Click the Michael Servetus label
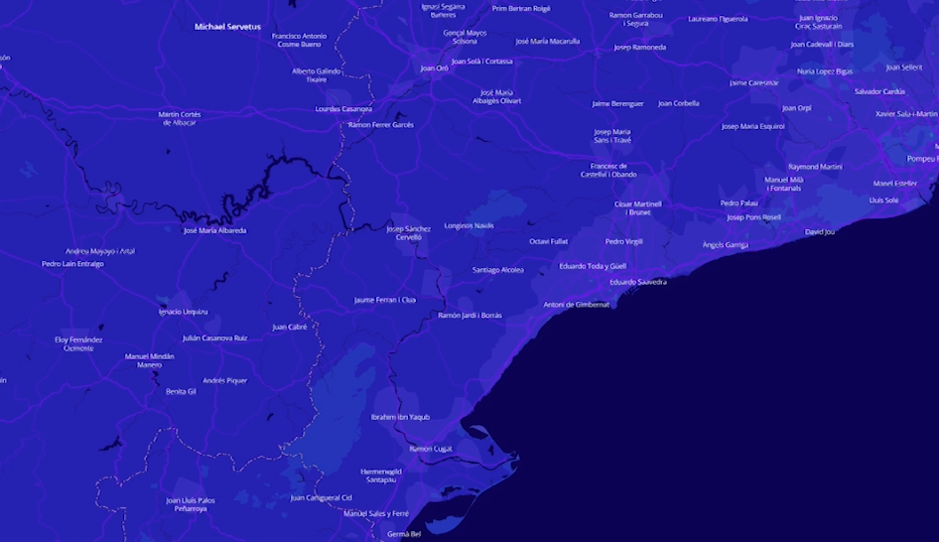point(227,27)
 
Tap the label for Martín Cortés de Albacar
point(179,118)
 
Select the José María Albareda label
point(214,230)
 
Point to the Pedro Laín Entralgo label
point(72,264)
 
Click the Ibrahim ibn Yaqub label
point(400,417)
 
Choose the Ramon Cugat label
point(430,449)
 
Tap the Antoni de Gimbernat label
point(577,305)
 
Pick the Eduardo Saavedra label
point(637,282)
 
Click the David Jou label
point(820,232)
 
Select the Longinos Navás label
point(469,225)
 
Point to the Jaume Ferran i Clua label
point(384,300)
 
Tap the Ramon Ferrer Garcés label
point(380,125)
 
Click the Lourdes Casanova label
point(342,109)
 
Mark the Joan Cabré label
point(289,327)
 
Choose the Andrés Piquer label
point(224,380)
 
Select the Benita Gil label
point(181,391)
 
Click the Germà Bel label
point(403,534)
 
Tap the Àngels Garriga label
point(725,244)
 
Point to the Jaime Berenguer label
point(617,103)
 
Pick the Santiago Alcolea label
point(497,270)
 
